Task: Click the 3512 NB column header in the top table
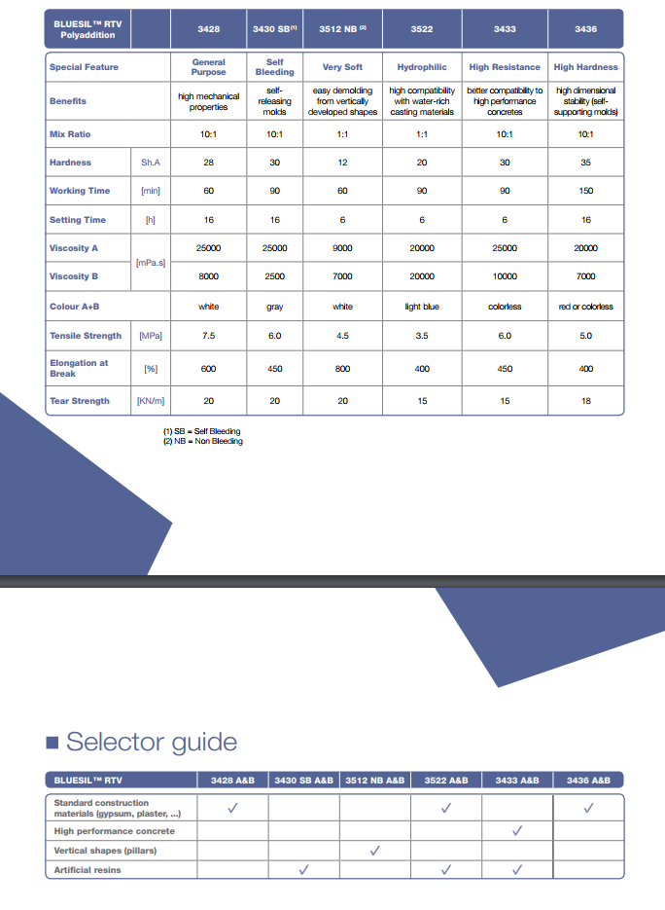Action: click(x=342, y=29)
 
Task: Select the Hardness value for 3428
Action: click(x=209, y=163)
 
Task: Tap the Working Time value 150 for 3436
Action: click(x=585, y=191)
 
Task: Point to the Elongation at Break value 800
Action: click(x=342, y=369)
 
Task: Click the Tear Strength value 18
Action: click(x=585, y=401)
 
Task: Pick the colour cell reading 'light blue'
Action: click(x=422, y=307)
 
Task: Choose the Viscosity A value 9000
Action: click(x=342, y=248)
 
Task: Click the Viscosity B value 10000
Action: click(x=505, y=276)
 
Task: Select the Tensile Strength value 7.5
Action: click(x=209, y=336)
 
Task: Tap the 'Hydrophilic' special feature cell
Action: click(x=422, y=67)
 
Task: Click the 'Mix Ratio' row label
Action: click(x=70, y=134)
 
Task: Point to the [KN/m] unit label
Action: click(x=151, y=401)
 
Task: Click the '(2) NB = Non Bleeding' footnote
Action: click(x=202, y=442)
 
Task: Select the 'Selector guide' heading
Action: click(x=151, y=743)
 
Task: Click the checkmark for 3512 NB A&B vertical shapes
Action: click(x=375, y=851)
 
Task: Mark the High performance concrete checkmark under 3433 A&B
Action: click(x=517, y=831)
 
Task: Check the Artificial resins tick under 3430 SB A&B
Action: click(x=303, y=870)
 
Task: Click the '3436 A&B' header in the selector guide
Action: click(x=588, y=780)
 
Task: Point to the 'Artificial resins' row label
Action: click(x=87, y=870)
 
